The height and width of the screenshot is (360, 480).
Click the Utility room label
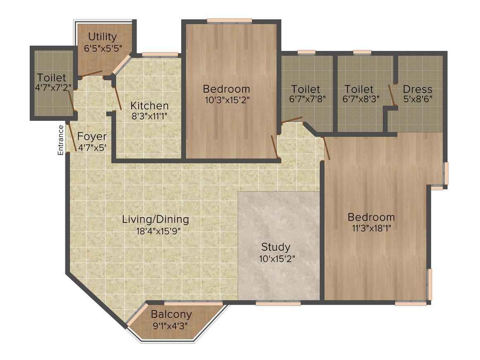coord(102,37)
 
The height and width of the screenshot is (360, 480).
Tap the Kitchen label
coord(149,106)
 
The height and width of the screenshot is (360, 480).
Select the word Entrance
coord(60,140)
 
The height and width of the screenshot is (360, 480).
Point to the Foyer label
coord(92,137)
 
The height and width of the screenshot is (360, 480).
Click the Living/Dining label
coord(155,219)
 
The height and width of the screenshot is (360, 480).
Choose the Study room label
coord(276,247)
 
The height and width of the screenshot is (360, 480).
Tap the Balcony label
coord(171,314)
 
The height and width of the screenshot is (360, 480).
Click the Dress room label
coord(417,89)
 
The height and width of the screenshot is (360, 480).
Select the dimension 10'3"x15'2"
coord(227,100)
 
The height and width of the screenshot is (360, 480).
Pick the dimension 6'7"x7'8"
coord(307,100)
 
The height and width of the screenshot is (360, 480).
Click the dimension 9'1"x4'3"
coord(170,325)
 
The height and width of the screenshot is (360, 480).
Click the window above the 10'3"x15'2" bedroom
coord(229,20)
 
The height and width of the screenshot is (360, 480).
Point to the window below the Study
coord(278,303)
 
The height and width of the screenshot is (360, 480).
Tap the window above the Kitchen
coord(160,54)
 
